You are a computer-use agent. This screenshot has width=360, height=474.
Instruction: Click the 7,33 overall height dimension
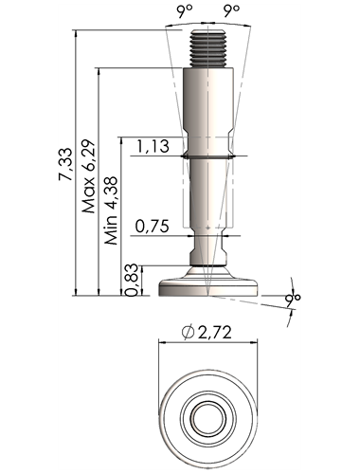point(65,164)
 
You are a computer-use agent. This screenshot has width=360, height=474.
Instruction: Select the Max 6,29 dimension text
point(88,176)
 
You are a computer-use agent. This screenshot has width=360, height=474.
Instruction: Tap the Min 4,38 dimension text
point(111,210)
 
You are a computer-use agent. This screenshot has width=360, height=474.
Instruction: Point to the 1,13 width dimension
point(153,146)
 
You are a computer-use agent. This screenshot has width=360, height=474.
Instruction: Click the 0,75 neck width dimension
point(153,226)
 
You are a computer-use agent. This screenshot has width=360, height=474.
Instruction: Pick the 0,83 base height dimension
point(132,280)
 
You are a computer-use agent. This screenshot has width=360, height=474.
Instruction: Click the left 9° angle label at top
point(185,11)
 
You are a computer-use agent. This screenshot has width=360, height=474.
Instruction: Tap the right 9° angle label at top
point(231,11)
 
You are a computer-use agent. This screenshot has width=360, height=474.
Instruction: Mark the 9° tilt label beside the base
point(293,299)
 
